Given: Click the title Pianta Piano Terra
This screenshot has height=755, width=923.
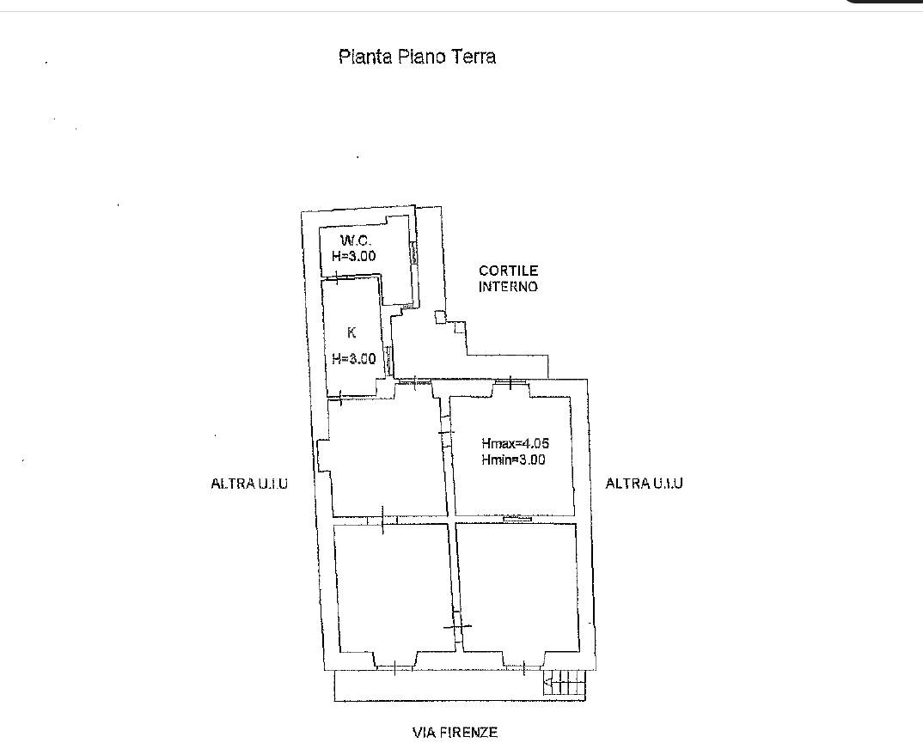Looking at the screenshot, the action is coord(418,57).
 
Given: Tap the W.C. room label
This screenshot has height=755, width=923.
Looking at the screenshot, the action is coord(356,241).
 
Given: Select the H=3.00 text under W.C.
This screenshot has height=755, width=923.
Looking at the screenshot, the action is coord(354,256).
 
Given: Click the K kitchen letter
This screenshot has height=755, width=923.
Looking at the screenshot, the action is coord(351,332).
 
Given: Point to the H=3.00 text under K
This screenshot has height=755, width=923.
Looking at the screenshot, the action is coord(354,358).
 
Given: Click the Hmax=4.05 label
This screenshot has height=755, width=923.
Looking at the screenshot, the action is coord(515,443).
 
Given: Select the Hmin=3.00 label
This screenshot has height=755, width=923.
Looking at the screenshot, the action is coord(513,460).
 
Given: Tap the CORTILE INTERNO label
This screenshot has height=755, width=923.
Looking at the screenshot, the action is coord(509,278).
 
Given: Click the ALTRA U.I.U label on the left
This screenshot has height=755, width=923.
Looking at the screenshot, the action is coord(249,484).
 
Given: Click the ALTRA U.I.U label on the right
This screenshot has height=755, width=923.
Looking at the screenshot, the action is coord(645,483).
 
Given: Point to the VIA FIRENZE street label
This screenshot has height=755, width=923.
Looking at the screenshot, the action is coord(455,733).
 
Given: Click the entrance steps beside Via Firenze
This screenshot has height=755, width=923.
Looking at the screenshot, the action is coord(565,685).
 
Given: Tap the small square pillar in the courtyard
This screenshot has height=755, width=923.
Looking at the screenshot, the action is coord(441,317).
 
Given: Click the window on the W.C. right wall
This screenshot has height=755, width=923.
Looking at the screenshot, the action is coord(414,253).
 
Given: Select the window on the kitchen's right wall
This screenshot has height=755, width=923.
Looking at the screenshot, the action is coord(388,361).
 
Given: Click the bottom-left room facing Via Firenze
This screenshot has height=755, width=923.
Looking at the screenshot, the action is coord(394,588).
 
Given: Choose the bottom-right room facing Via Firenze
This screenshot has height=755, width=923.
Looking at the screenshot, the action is coord(518,588).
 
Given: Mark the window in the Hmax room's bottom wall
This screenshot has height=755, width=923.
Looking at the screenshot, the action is coord(518,519).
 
